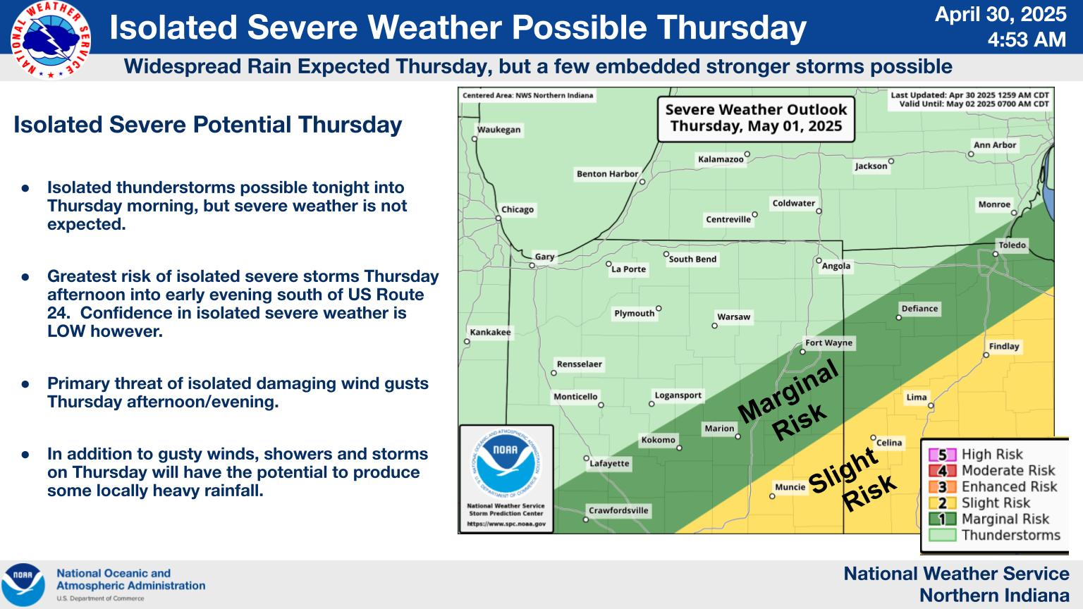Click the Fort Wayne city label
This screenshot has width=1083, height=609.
pyautogui.click(x=828, y=343)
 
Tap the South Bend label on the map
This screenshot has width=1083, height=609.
pyautogui.click(x=692, y=259)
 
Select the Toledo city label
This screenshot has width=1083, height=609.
pyautogui.click(x=1012, y=245)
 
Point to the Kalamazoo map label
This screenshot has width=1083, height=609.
pyautogui.click(x=721, y=159)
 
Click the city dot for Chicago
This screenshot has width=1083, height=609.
pyautogui.click(x=498, y=219)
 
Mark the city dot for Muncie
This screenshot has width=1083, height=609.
pyautogui.click(x=772, y=496)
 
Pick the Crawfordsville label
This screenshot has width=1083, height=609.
pyautogui.click(x=618, y=510)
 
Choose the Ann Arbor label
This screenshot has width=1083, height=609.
pyautogui.click(x=995, y=145)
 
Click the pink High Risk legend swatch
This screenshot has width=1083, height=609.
pyautogui.click(x=942, y=455)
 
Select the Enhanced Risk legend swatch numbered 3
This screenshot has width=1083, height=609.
pyautogui.click(x=942, y=487)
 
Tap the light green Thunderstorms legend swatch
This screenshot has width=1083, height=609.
pyautogui.click(x=942, y=535)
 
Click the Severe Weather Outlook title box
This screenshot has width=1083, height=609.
pyautogui.click(x=756, y=118)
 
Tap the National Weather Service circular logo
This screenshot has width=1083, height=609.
pyautogui.click(x=50, y=40)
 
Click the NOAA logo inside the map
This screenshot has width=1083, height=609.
pyautogui.click(x=506, y=463)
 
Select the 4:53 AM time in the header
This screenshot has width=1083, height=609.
pyautogui.click(x=1027, y=39)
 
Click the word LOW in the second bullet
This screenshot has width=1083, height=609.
pyautogui.click(x=66, y=331)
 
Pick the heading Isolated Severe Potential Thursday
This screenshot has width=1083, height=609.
pyautogui.click(x=208, y=125)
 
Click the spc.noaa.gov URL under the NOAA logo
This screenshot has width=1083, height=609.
pyautogui.click(x=506, y=524)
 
